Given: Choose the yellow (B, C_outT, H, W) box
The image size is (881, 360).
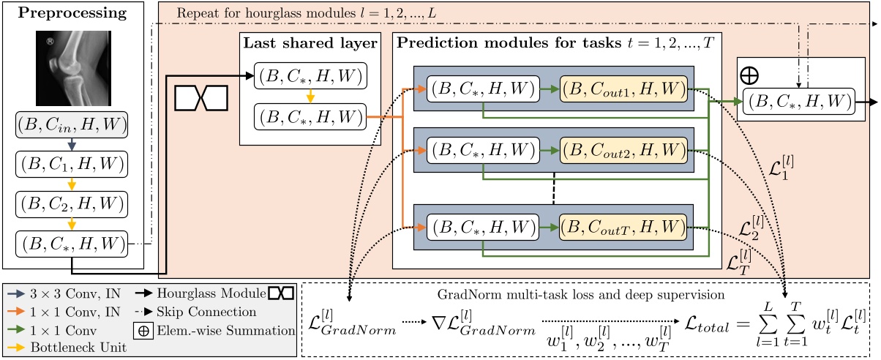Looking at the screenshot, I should (x=623, y=229).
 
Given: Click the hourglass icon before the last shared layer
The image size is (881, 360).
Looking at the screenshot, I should (x=202, y=97).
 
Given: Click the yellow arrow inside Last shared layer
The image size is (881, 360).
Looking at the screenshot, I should (x=310, y=97).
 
